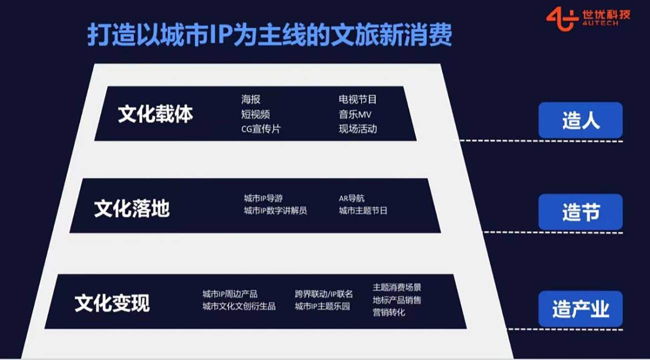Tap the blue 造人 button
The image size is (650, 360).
click(x=580, y=120)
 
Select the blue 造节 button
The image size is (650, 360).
click(x=580, y=212)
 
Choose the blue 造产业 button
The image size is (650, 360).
click(x=580, y=309)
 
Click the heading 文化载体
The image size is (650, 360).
click(x=155, y=114)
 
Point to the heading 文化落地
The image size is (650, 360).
click(x=131, y=208)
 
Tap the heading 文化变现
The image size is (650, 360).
click(x=112, y=303)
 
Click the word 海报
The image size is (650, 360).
click(x=250, y=99)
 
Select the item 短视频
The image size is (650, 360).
click(x=255, y=114)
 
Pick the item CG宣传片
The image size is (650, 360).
click(x=261, y=129)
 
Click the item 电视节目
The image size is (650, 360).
click(x=357, y=99)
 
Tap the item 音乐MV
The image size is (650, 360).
click(x=355, y=114)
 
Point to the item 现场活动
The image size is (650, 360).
click(x=358, y=129)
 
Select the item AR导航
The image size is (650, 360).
click(x=351, y=198)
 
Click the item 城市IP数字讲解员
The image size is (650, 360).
click(x=275, y=210)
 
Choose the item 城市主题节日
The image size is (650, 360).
click(x=363, y=210)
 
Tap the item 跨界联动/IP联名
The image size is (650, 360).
click(x=324, y=294)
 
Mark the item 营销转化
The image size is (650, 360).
click(x=388, y=312)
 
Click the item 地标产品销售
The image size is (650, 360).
click(x=396, y=300)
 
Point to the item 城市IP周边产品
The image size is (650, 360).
click(x=230, y=294)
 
